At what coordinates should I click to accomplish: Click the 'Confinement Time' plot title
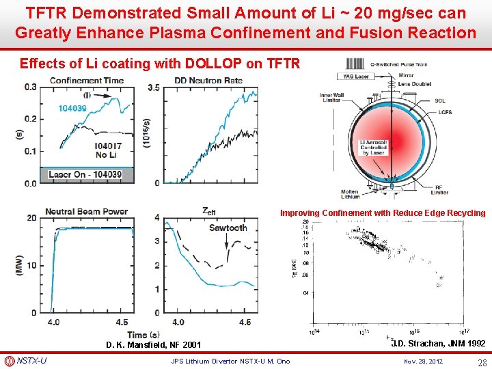pyautogui.click(x=86, y=81)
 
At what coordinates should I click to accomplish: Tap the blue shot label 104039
pyautogui.click(x=72, y=108)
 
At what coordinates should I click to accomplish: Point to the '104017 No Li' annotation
pyautogui.click(x=109, y=150)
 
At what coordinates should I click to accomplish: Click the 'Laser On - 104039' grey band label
pyautogui.click(x=85, y=175)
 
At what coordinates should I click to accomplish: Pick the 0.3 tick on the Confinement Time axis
pyautogui.click(x=31, y=87)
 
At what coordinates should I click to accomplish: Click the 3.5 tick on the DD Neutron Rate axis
pyautogui.click(x=154, y=87)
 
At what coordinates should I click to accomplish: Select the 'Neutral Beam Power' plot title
pyautogui.click(x=86, y=211)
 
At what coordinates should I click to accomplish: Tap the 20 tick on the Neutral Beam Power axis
pyautogui.click(x=32, y=218)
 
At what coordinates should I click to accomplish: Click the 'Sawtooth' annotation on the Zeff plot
pyautogui.click(x=228, y=228)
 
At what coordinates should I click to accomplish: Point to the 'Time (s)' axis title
pyautogui.click(x=148, y=335)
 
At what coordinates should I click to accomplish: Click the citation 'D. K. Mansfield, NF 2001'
pyautogui.click(x=154, y=345)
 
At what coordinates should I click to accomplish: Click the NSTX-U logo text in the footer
pyautogui.click(x=31, y=361)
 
